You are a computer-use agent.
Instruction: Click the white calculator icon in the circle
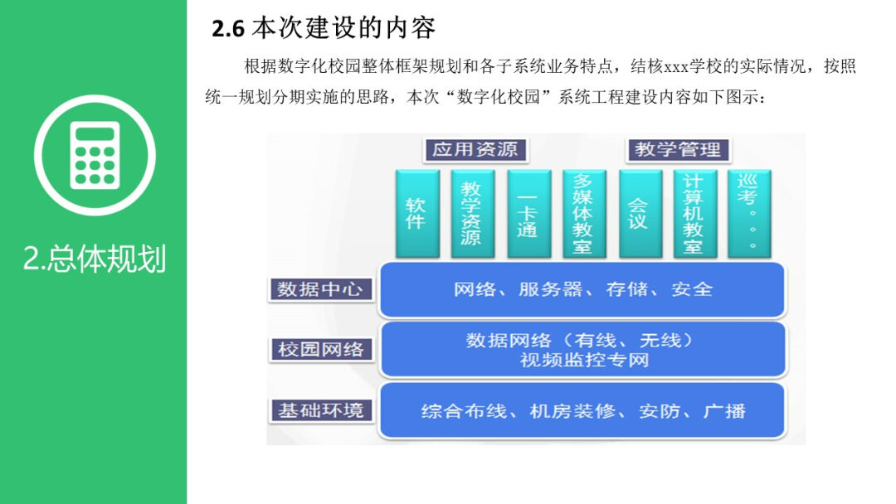point(95,155)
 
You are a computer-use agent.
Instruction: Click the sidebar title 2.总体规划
point(95,259)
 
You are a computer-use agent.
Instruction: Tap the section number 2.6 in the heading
point(228,30)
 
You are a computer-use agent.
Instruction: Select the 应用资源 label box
point(475,150)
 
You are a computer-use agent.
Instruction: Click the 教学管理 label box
point(678,150)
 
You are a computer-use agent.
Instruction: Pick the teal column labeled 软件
point(416,213)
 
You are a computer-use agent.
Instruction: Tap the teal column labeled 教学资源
point(471,213)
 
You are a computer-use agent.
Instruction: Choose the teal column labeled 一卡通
point(528,213)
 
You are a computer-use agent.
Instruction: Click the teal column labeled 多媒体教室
point(583,213)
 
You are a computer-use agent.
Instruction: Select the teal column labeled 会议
point(639,213)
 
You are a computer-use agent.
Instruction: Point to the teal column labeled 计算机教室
point(694,213)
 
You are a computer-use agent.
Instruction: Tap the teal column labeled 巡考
point(749,213)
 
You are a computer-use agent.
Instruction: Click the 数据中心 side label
point(320,289)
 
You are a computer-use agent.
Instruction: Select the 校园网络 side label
point(320,349)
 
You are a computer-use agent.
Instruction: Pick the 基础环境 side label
point(320,409)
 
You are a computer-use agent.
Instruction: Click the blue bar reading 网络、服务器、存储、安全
point(582,289)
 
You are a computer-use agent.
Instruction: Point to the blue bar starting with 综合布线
point(582,410)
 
